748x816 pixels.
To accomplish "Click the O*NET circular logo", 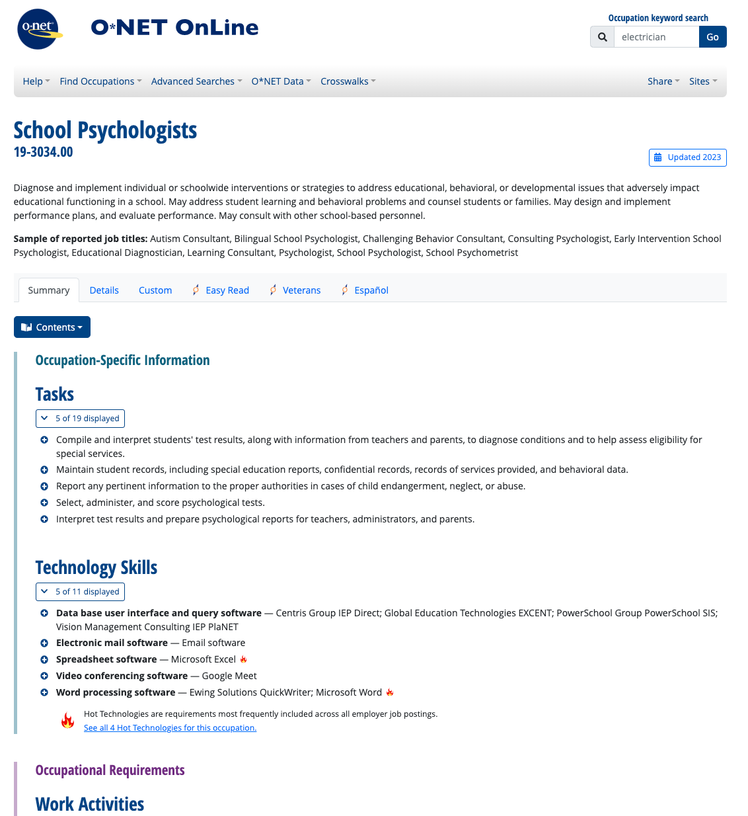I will pos(38,29).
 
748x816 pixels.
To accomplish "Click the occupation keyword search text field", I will pos(656,37).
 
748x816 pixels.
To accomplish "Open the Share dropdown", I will pos(663,81).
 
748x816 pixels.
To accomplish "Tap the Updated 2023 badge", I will pos(687,157).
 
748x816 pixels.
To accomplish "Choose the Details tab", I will pos(104,290).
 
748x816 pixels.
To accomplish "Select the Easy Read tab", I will pos(227,290).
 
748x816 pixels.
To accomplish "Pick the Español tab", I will pos(371,290).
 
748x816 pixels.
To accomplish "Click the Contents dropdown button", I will pos(52,327).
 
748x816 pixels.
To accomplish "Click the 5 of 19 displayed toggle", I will pos(80,419).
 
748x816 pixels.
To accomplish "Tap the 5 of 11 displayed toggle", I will pos(80,592).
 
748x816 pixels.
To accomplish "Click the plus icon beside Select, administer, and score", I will pos(44,503).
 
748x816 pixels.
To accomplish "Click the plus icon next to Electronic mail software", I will pos(44,643).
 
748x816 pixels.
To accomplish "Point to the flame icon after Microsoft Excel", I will pos(244,659).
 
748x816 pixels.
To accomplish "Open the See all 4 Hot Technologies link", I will pos(170,728).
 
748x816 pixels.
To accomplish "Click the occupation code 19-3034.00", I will pos(44,152).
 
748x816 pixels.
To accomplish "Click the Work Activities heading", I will pos(90,804).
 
